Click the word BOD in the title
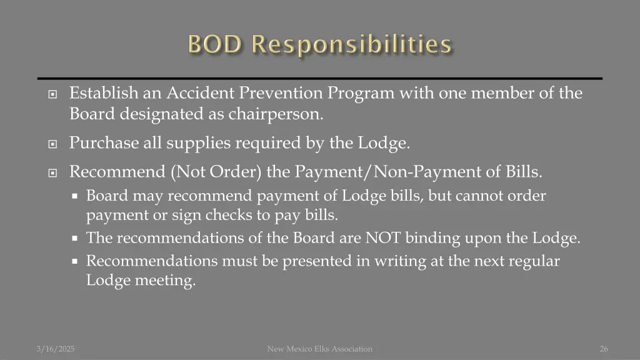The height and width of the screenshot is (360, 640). coord(214,45)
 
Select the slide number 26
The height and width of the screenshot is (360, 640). coord(603,349)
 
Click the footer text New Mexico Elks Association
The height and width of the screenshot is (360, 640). coord(319,349)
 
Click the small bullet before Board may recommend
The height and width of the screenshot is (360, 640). coord(74,196)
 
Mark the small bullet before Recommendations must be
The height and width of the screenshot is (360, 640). coord(74,261)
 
